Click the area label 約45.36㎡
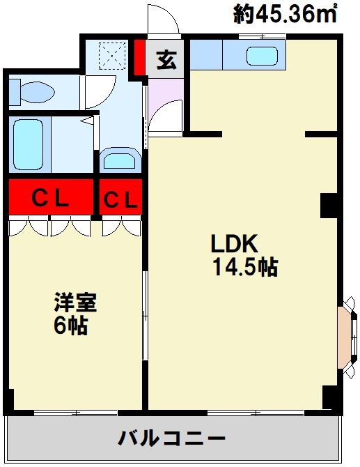[x=285, y=14]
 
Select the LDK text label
[x=234, y=244]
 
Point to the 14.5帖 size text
[x=245, y=267]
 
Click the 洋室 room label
[x=75, y=303]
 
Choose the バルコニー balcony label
[x=171, y=438]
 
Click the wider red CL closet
[x=51, y=197]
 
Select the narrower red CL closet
[x=120, y=197]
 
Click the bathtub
[x=29, y=145]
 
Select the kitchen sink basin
[x=262, y=56]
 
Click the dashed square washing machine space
[x=112, y=56]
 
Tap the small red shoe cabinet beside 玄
[x=139, y=57]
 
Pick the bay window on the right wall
[x=347, y=337]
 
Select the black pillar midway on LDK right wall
[x=329, y=206]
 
